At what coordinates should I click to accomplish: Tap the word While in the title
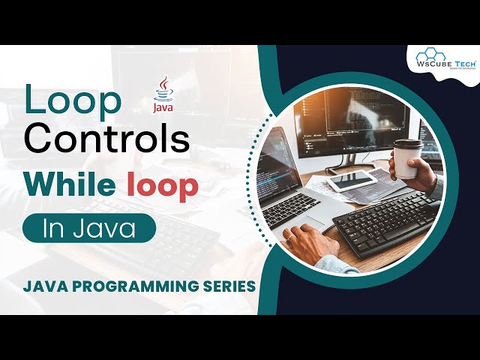[x=82, y=185]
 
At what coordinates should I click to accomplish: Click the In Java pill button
[x=88, y=229]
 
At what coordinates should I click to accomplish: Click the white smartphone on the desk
[x=352, y=180]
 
